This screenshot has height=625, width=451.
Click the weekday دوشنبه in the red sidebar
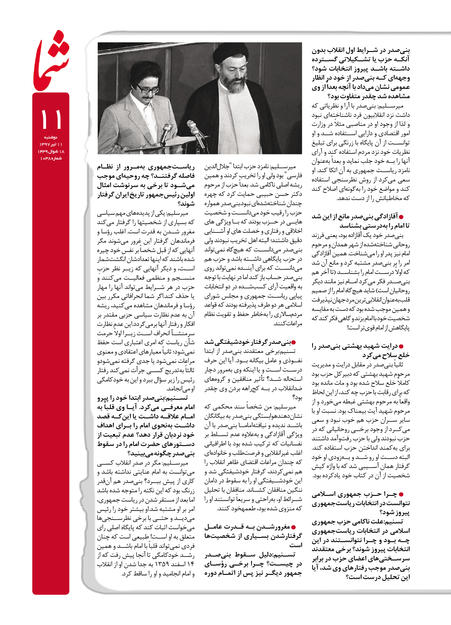click(51, 137)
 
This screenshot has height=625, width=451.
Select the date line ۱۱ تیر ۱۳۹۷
click(51, 144)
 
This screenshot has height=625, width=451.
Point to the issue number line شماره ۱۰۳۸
click(51, 158)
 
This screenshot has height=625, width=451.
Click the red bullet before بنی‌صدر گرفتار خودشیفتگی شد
click(293, 342)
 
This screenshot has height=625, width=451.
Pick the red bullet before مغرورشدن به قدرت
click(293, 527)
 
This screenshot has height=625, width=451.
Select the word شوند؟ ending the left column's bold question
click(186, 204)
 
